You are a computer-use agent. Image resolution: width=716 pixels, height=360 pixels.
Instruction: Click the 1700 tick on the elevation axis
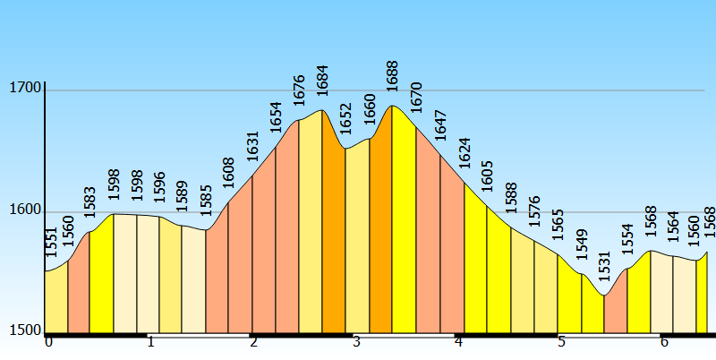point(24,88)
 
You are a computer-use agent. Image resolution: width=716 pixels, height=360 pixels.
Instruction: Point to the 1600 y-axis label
point(24,210)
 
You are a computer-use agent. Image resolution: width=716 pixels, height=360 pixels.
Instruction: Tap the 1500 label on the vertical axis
point(24,330)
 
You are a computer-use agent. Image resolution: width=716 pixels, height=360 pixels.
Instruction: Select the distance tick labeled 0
point(48,342)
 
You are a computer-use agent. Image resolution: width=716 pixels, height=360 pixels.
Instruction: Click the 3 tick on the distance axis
point(356,342)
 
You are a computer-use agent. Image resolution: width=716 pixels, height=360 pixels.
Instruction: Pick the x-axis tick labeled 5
point(561,342)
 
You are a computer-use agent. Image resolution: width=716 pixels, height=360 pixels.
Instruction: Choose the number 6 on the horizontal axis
point(664,342)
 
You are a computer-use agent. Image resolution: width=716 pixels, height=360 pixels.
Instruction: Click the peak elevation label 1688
point(392,77)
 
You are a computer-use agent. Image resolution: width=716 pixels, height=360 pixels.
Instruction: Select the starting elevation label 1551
point(50,243)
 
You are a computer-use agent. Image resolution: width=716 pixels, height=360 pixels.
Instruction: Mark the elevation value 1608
point(228,174)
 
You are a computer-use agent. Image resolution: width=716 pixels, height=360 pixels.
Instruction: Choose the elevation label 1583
point(89,202)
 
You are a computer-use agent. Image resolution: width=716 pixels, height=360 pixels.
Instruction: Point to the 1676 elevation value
point(299,90)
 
